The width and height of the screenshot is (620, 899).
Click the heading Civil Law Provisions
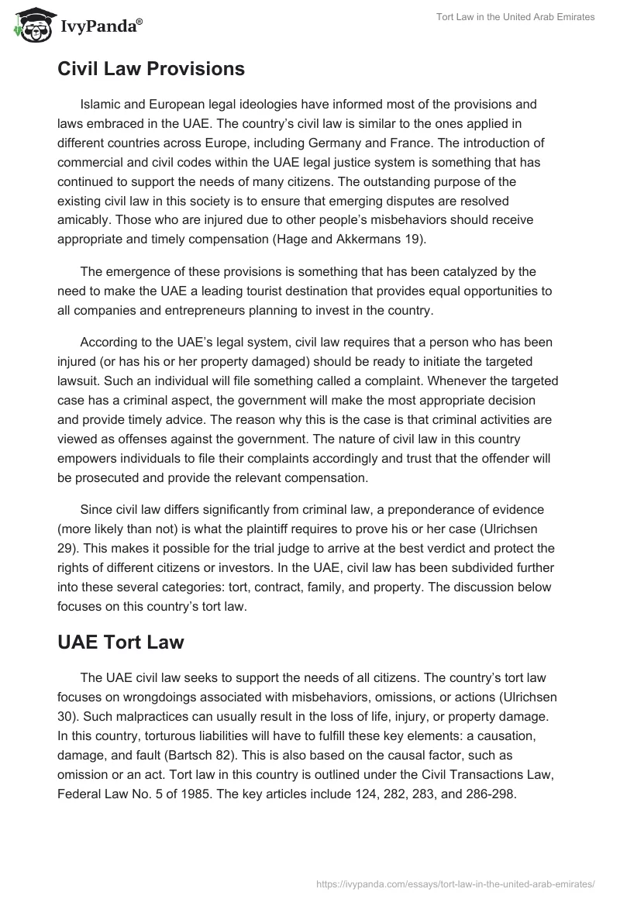coord(151,69)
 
